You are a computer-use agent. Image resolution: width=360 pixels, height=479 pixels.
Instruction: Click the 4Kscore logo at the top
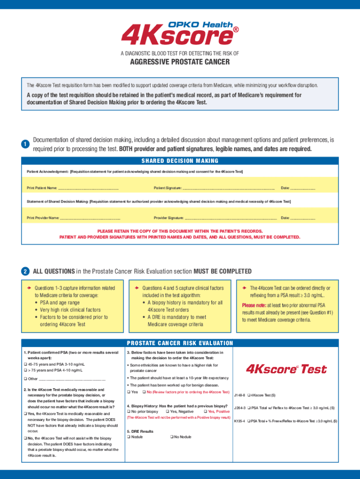coord(180,34)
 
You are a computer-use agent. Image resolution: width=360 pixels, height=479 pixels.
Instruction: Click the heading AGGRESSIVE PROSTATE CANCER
coord(180,62)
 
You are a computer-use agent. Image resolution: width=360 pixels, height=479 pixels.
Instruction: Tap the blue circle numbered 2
coord(25,272)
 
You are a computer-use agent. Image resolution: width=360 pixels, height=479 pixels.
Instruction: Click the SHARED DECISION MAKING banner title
coord(180,161)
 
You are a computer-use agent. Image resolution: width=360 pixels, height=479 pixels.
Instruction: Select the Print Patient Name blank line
coord(88,188)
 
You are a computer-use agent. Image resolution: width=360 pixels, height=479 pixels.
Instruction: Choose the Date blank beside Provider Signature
coord(302,218)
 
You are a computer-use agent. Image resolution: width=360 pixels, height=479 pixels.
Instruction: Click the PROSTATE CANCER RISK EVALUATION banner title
coord(180,343)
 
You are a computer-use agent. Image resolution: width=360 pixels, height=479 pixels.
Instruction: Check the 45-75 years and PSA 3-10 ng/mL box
coord(26,364)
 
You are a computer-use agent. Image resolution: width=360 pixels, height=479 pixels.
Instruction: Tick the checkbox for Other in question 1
coord(26,378)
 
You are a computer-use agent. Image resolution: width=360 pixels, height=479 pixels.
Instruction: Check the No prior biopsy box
coord(129,411)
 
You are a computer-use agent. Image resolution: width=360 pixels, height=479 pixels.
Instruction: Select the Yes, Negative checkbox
coord(167,411)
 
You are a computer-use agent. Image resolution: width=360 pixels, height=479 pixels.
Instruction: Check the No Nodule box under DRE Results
coord(171,437)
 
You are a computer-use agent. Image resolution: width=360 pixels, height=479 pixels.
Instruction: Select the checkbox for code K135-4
coord(249,421)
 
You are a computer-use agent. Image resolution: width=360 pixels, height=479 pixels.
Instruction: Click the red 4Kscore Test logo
coord(286,369)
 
